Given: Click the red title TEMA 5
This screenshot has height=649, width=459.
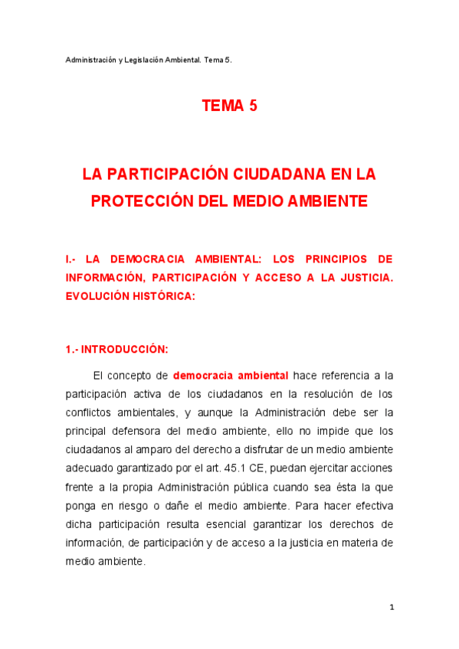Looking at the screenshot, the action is coord(229,106).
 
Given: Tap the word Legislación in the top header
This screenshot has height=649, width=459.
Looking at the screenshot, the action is coord(144,60).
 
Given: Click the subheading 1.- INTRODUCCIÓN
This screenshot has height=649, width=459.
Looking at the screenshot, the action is coord(116,349).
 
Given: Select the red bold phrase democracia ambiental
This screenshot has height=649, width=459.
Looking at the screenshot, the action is coord(231,376).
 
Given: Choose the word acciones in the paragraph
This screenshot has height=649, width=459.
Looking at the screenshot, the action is coord(372,468).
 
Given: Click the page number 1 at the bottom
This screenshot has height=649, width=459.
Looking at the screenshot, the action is coord(391,608).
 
